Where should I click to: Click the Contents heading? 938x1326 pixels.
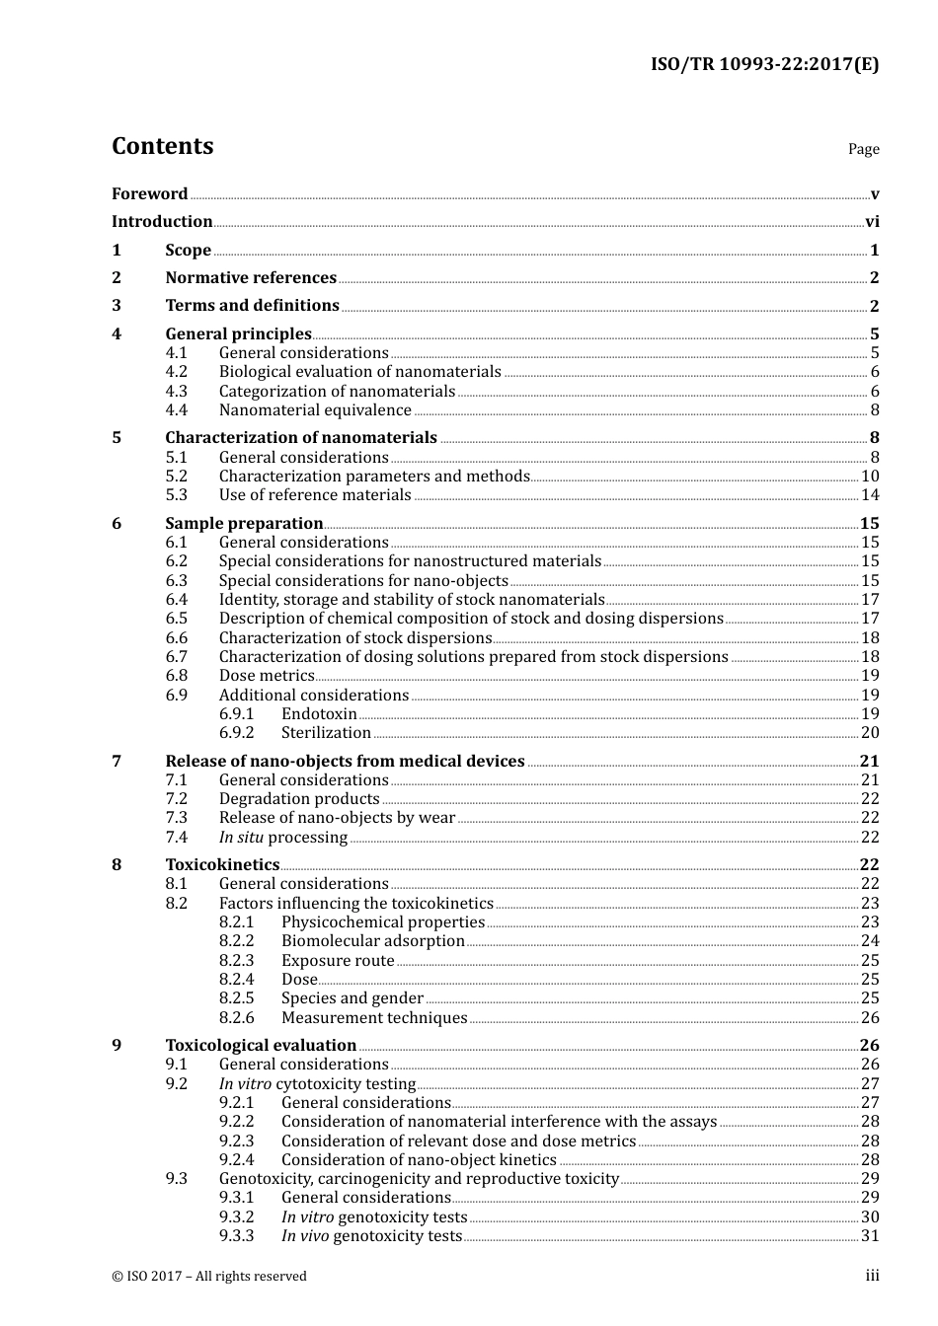(162, 146)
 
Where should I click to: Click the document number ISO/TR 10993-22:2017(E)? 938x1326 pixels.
(764, 65)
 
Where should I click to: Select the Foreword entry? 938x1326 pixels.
(149, 194)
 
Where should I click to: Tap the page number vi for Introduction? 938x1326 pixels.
(872, 222)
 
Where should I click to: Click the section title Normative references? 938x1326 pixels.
(251, 278)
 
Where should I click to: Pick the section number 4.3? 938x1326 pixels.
(176, 392)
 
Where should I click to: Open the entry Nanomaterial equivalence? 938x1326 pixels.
(315, 410)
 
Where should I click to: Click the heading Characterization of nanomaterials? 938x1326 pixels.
(301, 438)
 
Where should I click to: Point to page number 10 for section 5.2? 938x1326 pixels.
(870, 477)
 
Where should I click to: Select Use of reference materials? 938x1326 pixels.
(315, 495)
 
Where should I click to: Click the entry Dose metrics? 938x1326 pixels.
(267, 676)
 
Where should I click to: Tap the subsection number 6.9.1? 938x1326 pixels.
(236, 714)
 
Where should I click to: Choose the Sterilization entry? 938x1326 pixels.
(326, 733)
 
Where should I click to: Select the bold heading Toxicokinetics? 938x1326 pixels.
(222, 865)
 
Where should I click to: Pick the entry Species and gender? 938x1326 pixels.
(352, 998)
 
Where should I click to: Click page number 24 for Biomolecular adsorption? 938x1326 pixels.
(870, 941)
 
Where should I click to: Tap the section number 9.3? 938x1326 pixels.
(176, 1179)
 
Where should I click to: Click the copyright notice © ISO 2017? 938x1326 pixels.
(209, 1277)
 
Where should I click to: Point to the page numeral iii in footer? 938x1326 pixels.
(872, 1276)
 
